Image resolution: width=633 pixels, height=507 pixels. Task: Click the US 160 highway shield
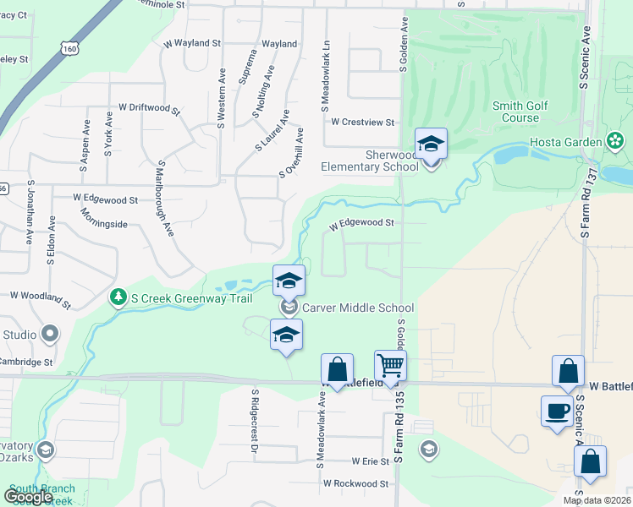tap(69, 49)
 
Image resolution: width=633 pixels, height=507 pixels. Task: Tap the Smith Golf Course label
tap(520, 112)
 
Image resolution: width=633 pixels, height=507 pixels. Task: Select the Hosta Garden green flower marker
tap(615, 141)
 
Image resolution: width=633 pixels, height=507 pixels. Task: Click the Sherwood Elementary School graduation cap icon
tap(431, 144)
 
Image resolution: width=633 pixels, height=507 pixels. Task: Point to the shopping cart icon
tap(391, 366)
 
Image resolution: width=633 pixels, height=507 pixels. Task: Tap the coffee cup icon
tap(557, 411)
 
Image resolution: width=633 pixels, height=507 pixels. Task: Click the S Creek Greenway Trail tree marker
tap(118, 296)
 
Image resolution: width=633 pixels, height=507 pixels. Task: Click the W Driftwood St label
tap(150, 108)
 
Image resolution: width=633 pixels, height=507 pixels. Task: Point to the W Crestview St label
tap(363, 122)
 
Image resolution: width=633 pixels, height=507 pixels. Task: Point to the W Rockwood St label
tap(355, 484)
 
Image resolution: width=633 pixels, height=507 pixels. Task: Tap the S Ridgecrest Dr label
tap(253, 420)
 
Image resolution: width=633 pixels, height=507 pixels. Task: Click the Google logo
tap(28, 496)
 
